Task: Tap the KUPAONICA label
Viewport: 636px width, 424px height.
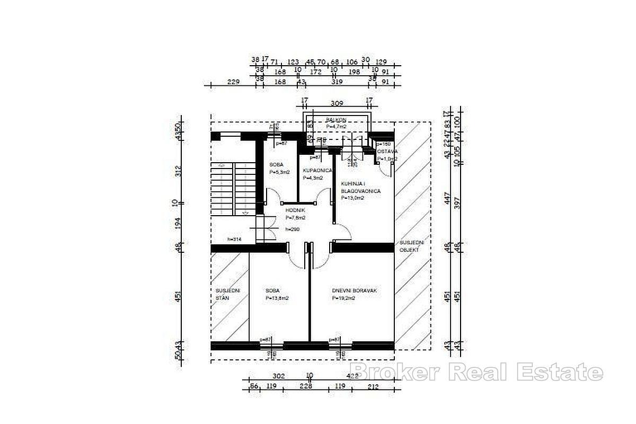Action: [317, 171]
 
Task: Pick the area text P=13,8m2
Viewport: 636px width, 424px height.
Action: [277, 298]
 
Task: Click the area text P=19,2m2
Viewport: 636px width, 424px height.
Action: [344, 298]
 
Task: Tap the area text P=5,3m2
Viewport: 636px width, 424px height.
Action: [279, 172]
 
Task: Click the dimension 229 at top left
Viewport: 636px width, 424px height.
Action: [234, 82]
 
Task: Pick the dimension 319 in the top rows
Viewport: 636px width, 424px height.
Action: [337, 82]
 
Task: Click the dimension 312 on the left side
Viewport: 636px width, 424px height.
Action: [180, 171]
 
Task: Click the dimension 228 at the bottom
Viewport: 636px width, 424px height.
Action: [306, 386]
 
